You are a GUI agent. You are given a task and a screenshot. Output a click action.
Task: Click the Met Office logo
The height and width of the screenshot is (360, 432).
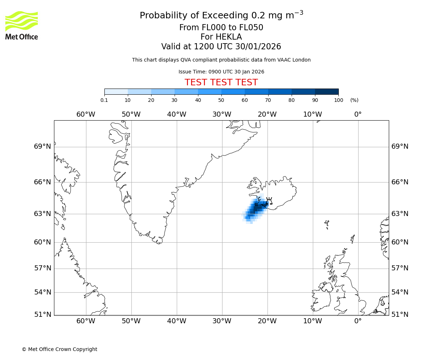point(22,25)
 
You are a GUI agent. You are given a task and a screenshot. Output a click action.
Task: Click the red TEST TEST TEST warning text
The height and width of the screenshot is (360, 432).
point(221,82)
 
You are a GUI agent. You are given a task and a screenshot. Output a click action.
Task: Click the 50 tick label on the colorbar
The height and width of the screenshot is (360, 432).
point(221,100)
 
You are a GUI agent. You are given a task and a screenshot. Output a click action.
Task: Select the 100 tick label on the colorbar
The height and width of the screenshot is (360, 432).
point(338,100)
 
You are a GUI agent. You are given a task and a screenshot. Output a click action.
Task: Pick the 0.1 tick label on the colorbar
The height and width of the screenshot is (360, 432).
point(104,100)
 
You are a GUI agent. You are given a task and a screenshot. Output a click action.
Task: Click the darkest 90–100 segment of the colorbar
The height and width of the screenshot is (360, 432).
point(327,91)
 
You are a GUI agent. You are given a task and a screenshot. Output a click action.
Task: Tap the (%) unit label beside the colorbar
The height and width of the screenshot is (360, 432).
point(354,100)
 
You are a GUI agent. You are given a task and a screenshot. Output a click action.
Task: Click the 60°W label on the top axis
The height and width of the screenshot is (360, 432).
point(86,114)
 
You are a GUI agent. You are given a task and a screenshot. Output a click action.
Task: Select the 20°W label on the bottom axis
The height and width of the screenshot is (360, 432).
point(267,321)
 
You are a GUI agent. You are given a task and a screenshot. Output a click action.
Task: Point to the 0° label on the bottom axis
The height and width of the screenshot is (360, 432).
point(358,321)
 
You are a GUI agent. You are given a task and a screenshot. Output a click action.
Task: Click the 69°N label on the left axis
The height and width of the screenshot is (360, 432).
point(42,147)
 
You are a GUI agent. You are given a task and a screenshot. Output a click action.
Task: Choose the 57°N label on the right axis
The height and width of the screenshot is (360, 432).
point(400,268)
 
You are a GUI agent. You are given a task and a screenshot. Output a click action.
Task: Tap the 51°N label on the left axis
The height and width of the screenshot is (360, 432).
point(42,315)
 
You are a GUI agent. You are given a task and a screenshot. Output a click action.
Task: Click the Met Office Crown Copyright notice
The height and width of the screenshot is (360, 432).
point(59,349)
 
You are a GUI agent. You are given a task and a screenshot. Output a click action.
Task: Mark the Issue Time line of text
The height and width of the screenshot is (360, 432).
point(221,72)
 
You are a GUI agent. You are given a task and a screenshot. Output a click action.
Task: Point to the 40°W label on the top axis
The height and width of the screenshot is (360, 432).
point(176,114)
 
